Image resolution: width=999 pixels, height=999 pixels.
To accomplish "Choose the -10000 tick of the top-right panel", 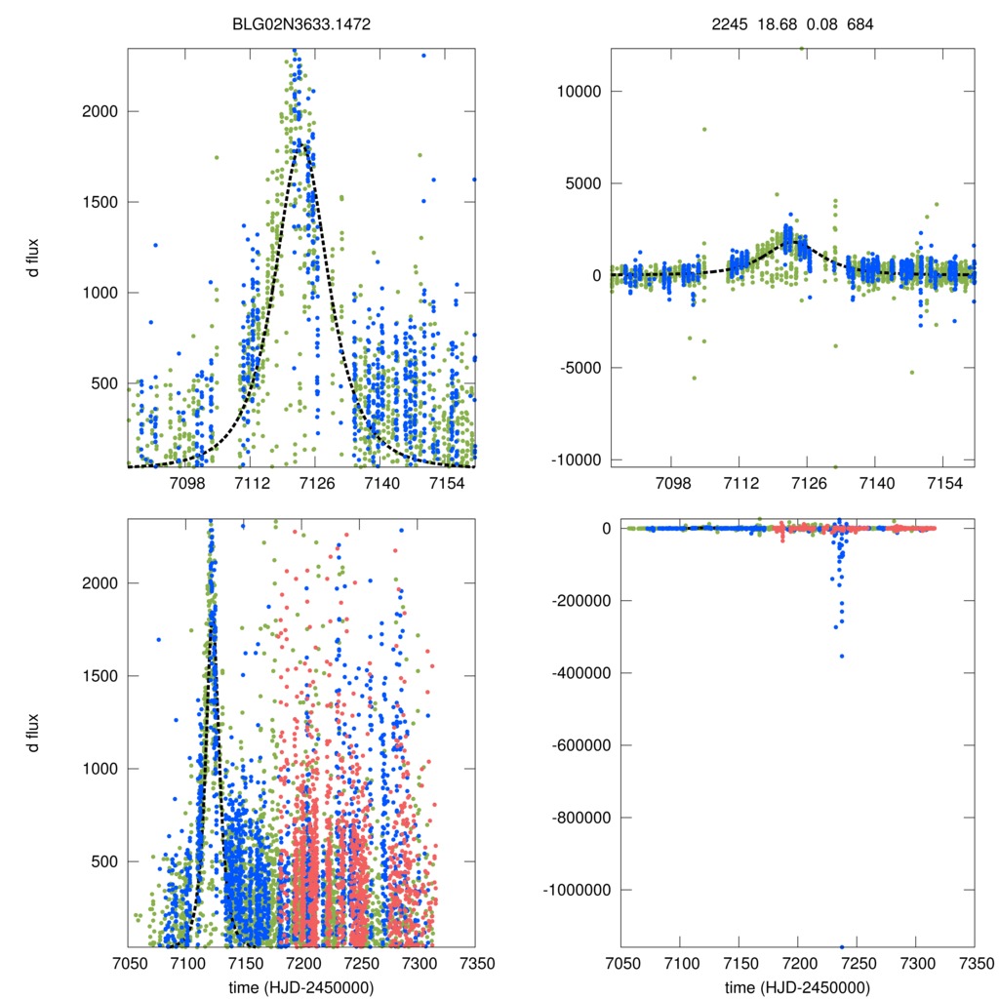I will pos(574,460).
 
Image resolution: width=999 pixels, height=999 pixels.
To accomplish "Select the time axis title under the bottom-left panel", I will pos(300,986).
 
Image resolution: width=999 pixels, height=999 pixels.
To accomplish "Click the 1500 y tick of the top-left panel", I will pos(98,202).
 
